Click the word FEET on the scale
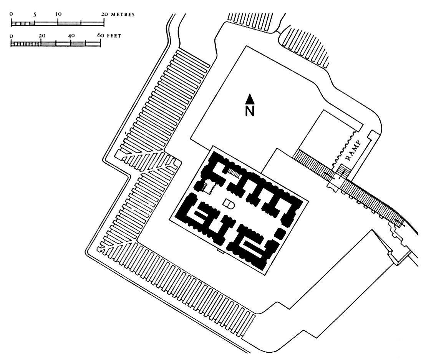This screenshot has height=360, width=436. pyautogui.click(x=114, y=36)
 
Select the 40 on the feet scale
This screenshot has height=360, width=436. pyautogui.click(x=71, y=36)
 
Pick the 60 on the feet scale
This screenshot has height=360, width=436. pyautogui.click(x=100, y=36)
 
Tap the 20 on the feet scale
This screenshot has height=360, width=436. pyautogui.click(x=41, y=36)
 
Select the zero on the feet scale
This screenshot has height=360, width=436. pyautogui.click(x=12, y=36)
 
